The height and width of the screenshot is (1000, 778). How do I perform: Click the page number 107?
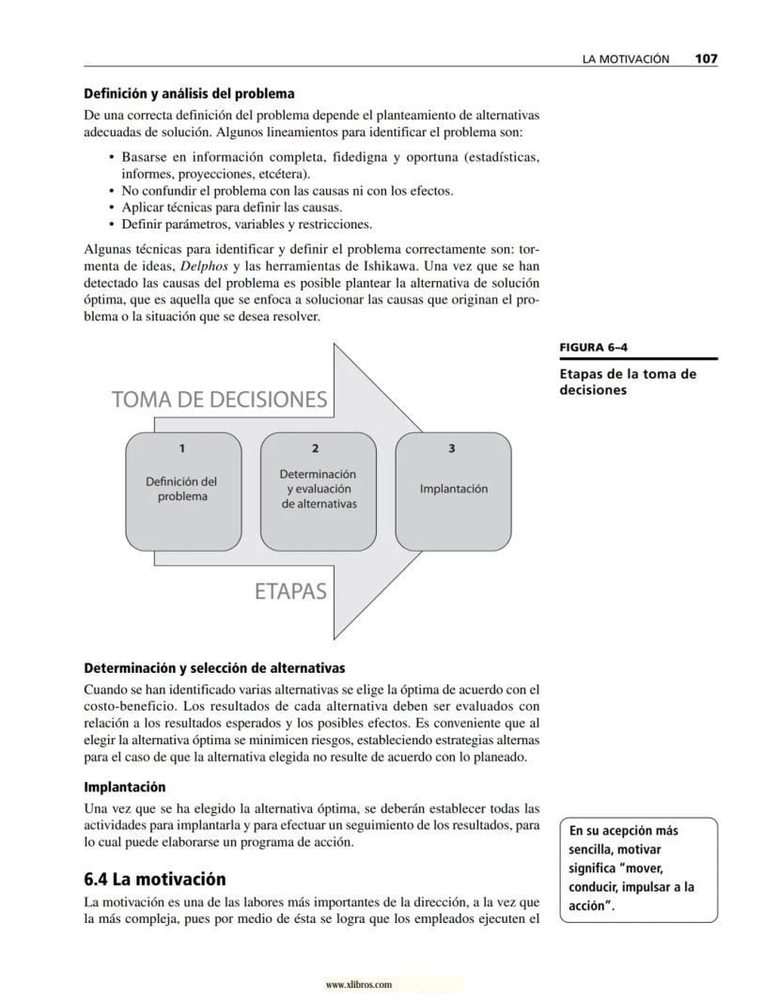(x=707, y=58)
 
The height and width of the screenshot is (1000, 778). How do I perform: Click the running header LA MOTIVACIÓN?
(x=626, y=58)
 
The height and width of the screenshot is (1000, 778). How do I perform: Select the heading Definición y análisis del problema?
(x=189, y=94)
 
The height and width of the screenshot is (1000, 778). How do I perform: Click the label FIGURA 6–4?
(x=594, y=347)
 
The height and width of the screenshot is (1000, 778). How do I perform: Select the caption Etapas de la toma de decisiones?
(x=628, y=382)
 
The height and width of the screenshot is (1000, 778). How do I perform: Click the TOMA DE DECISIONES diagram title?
(x=219, y=399)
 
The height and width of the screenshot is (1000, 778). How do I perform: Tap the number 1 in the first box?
(x=182, y=448)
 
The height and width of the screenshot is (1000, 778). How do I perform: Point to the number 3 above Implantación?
(x=452, y=448)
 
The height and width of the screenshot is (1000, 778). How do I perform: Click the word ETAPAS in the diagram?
(x=290, y=591)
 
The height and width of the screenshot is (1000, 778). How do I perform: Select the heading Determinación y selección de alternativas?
(x=214, y=668)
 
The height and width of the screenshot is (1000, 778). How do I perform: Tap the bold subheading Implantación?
(x=125, y=787)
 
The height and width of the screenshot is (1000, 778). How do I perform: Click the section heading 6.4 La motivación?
(x=155, y=880)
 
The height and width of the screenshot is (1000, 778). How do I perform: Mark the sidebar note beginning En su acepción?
(x=638, y=869)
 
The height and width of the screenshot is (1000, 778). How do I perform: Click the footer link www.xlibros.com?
(x=358, y=985)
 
